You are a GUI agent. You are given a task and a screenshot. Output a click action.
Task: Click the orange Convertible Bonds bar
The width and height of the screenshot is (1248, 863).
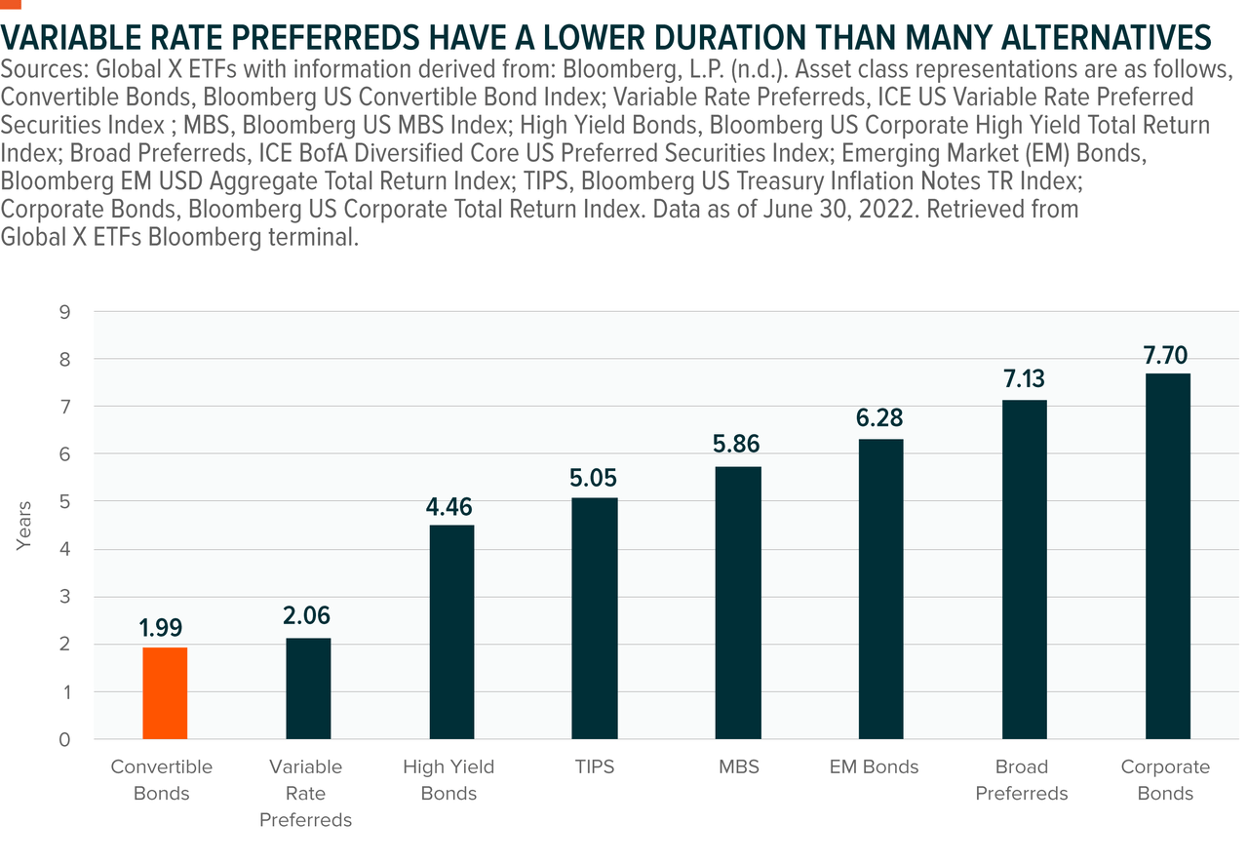click(x=165, y=693)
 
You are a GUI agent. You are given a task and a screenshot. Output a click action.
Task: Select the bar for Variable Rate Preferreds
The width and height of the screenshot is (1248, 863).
click(x=308, y=688)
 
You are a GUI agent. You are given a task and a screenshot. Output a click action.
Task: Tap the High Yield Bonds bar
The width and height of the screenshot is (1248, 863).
click(x=451, y=632)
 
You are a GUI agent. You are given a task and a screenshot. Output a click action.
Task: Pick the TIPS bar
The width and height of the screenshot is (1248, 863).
click(x=595, y=618)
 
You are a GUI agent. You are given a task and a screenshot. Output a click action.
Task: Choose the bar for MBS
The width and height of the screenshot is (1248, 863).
click(x=738, y=603)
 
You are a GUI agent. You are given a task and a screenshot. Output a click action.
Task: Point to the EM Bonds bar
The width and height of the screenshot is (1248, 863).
click(x=881, y=589)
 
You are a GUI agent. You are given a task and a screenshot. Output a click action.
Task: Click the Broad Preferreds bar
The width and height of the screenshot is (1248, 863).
click(x=1025, y=569)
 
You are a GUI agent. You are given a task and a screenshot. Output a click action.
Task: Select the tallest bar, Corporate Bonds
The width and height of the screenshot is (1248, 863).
click(x=1168, y=556)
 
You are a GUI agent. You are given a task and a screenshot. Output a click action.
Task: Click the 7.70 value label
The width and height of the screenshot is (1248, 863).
click(x=1168, y=355)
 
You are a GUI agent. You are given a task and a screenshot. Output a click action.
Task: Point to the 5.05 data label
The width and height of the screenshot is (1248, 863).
click(x=595, y=479)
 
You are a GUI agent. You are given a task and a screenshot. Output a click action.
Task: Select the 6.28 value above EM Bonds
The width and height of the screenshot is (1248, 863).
click(x=881, y=419)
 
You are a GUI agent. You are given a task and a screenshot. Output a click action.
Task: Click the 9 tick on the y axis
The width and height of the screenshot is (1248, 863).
click(x=64, y=312)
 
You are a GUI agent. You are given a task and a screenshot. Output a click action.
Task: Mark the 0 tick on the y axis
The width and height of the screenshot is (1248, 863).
click(x=64, y=739)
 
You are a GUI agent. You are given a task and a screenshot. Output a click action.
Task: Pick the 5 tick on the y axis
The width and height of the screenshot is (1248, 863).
click(x=64, y=502)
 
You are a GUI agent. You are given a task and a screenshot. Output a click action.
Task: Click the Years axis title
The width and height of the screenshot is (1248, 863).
click(x=24, y=526)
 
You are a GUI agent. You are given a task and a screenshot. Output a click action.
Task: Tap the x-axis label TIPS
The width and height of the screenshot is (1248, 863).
click(x=595, y=767)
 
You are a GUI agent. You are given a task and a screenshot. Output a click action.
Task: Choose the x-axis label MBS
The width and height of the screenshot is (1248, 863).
click(x=738, y=767)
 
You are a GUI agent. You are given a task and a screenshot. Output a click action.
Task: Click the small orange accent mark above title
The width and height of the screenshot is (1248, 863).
click(x=11, y=5)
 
